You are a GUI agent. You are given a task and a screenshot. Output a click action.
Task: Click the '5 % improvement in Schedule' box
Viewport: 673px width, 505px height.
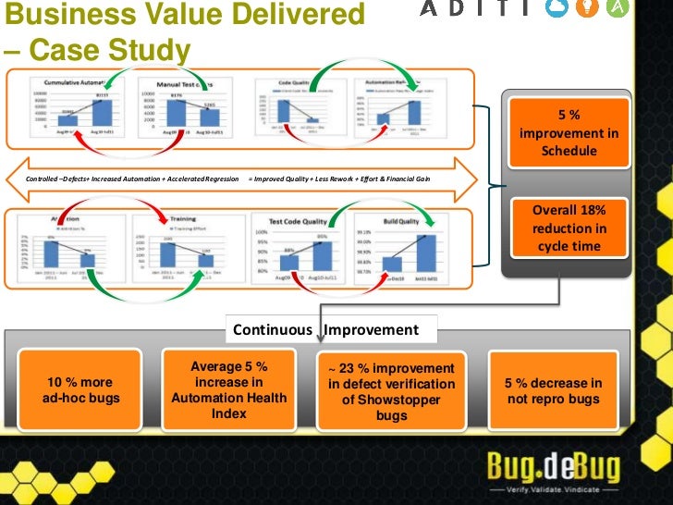pyautogui.click(x=569, y=132)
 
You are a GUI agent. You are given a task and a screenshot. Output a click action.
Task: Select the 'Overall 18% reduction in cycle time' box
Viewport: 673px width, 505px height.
pyautogui.click(x=569, y=228)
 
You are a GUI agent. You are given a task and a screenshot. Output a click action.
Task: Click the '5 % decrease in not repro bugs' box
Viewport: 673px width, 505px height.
pyautogui.click(x=554, y=390)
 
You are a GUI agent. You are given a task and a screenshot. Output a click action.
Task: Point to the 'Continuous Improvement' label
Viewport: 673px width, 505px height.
pyautogui.click(x=325, y=329)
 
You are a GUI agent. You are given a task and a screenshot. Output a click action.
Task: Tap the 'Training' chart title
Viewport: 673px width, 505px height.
pyautogui.click(x=182, y=221)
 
